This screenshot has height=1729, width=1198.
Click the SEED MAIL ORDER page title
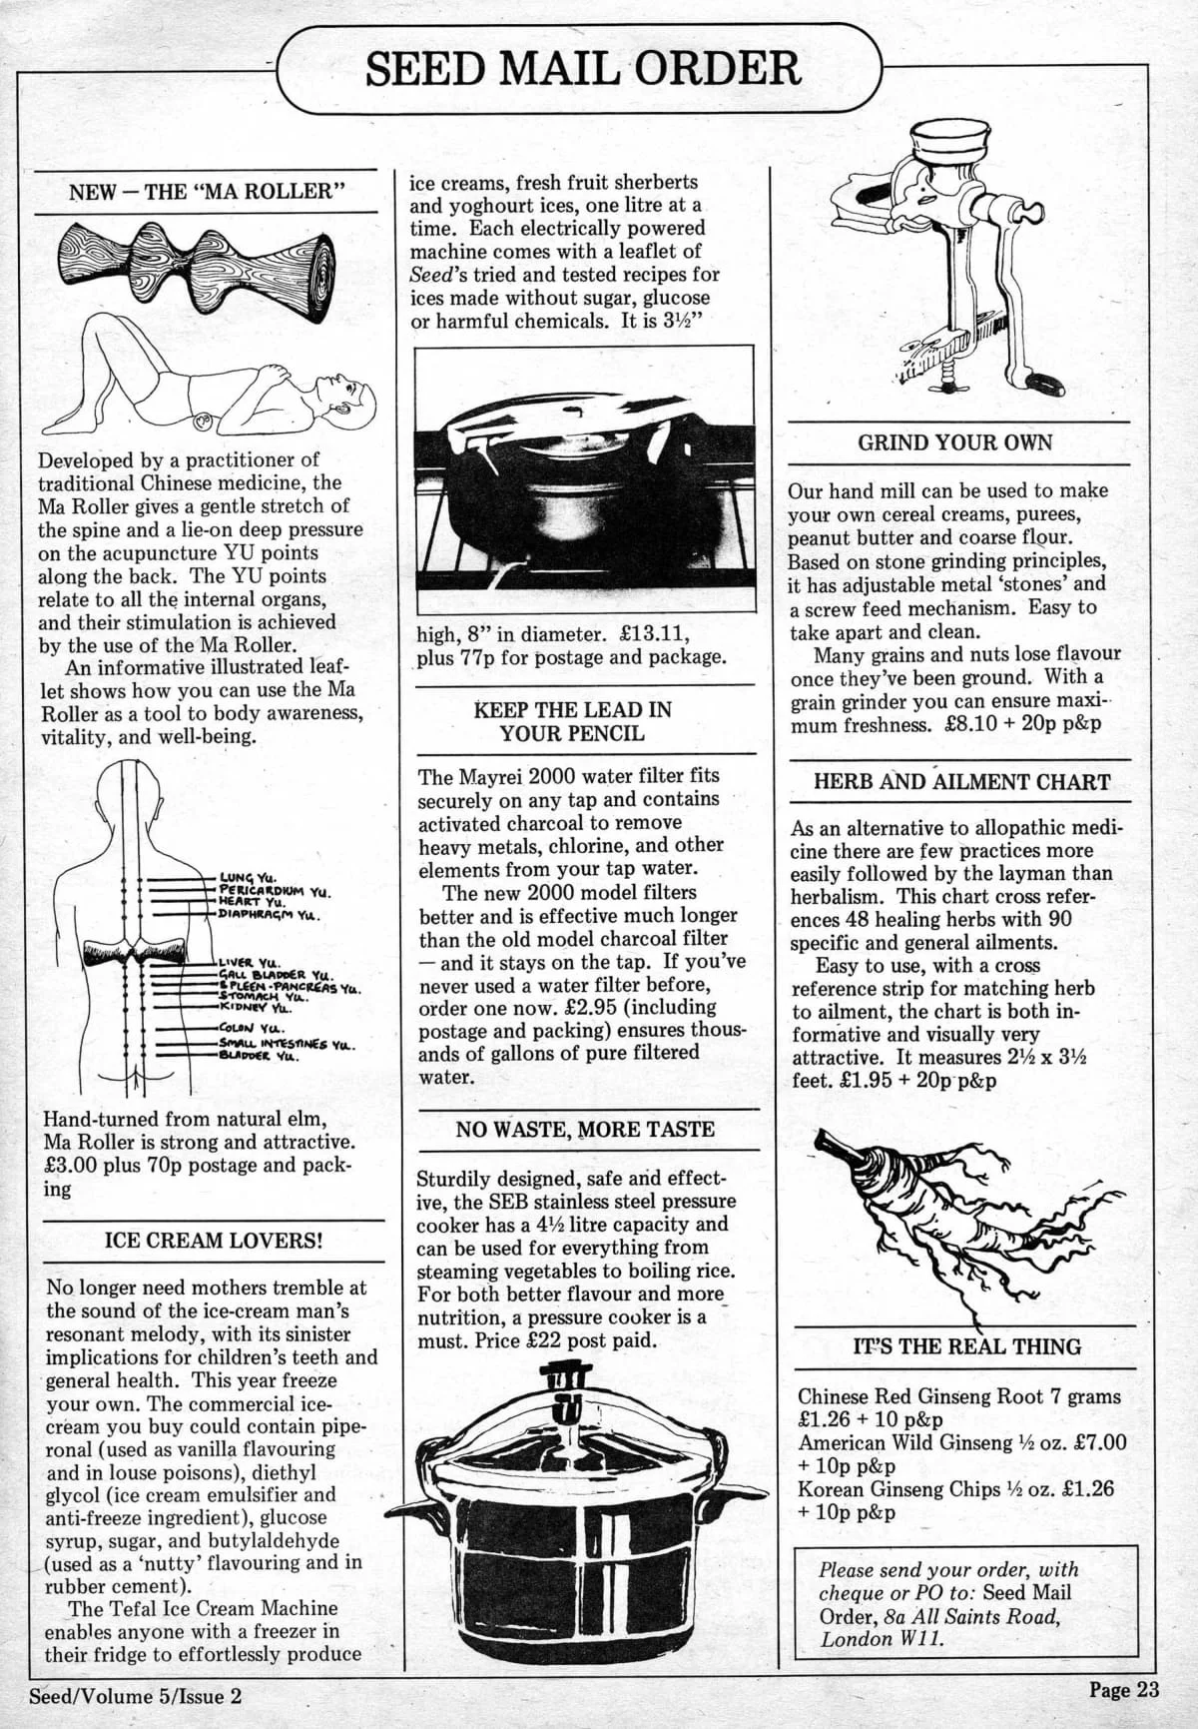pyautogui.click(x=582, y=68)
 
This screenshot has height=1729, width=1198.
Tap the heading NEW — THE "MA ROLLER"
pyautogui.click(x=207, y=192)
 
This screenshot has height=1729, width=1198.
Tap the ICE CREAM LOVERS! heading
pyautogui.click(x=214, y=1241)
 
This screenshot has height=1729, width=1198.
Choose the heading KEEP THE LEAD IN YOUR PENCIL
pyautogui.click(x=572, y=721)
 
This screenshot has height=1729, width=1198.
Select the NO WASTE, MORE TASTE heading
pyautogui.click(x=585, y=1130)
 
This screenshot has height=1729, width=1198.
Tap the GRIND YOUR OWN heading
pyautogui.click(x=955, y=442)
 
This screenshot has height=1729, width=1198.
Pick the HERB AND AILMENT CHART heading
pyautogui.click(x=961, y=782)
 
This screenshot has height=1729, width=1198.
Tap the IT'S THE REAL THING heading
pyautogui.click(x=966, y=1346)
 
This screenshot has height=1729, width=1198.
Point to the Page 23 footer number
pyautogui.click(x=1124, y=1690)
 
